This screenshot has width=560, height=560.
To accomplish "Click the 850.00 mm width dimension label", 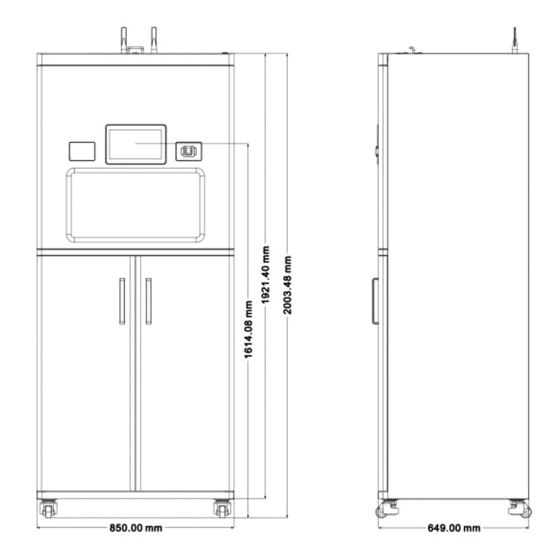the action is [136, 528].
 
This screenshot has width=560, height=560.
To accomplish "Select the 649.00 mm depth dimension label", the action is [454, 528].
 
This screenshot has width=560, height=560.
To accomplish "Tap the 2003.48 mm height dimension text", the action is [288, 285].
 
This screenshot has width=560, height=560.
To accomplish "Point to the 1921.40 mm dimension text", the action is [266, 275].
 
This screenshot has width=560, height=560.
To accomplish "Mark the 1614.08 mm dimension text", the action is [248, 329].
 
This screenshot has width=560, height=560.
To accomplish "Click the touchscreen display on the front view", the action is [136, 144].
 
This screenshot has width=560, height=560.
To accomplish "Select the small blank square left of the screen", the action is [82, 151].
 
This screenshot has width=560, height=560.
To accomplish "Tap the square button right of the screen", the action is [188, 151].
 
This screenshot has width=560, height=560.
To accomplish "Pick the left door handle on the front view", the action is [122, 301].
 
